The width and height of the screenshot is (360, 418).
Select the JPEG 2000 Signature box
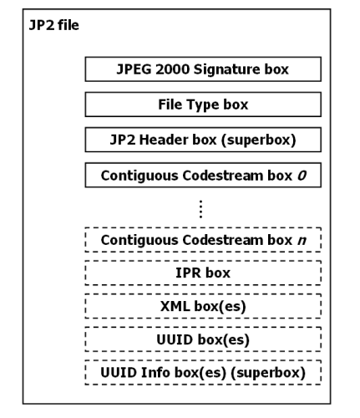[x=203, y=69]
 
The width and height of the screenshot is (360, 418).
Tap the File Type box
[x=203, y=105]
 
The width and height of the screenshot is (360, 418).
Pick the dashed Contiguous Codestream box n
[x=203, y=241]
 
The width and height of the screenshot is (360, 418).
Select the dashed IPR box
[x=203, y=273]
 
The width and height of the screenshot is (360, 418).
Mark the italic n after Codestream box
[x=302, y=241]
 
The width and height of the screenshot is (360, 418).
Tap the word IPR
[x=188, y=273]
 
